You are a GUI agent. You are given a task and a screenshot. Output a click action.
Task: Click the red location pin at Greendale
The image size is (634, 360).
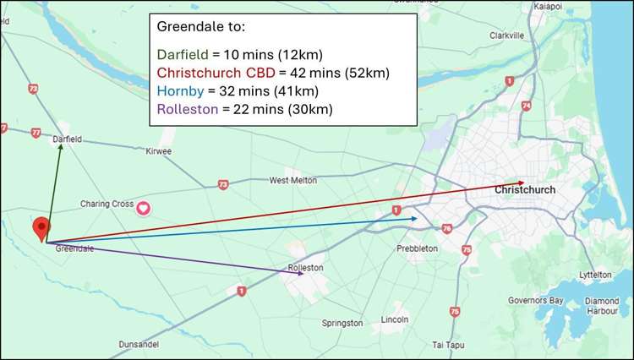[x=41, y=226]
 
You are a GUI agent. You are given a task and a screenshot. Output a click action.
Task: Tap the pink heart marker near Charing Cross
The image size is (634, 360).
[x=144, y=207]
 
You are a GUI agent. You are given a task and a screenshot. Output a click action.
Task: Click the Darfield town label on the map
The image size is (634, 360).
[x=67, y=139]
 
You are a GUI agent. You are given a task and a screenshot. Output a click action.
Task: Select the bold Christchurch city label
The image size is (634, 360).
[x=525, y=190]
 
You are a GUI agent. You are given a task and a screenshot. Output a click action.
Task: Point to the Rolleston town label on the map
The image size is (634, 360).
[x=306, y=268]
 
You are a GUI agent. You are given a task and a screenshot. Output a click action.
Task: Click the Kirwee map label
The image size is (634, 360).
[x=158, y=150]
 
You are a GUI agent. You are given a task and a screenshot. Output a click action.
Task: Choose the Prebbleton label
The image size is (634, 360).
[x=417, y=248]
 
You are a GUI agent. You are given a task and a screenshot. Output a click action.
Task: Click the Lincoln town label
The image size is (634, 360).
[x=395, y=319]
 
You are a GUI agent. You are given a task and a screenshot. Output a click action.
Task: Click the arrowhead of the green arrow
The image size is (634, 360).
[x=61, y=146]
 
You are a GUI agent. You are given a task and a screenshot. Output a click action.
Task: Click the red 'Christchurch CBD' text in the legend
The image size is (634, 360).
[x=215, y=74]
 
